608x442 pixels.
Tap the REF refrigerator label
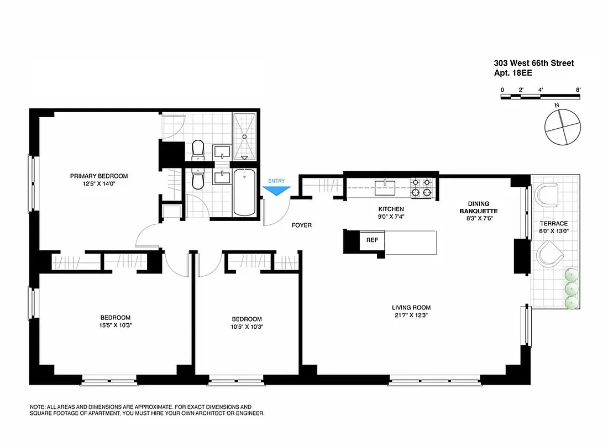tap(371, 240)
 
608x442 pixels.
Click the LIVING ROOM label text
tap(411, 308)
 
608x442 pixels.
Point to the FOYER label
tap(302, 225)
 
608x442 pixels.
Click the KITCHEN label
tap(391, 209)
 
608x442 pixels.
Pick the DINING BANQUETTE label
tap(478, 207)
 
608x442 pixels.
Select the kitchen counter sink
tap(385, 187)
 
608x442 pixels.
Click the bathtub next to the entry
tap(244, 193)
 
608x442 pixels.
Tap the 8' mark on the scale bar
tap(577, 90)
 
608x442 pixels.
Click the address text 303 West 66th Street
tap(533, 63)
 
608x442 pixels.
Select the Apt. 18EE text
tap(513, 72)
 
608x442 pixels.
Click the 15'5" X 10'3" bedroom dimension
tap(116, 325)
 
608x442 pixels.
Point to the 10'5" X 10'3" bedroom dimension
tap(247, 327)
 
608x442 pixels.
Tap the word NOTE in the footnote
tap(38, 406)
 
